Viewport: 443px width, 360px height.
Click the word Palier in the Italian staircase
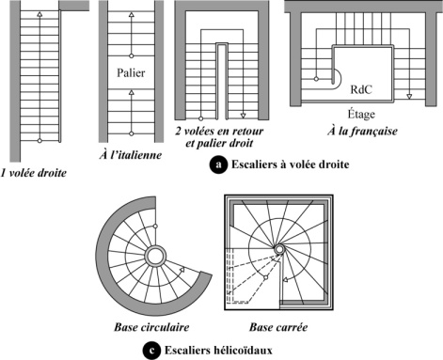(131, 73)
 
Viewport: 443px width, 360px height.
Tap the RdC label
(361, 89)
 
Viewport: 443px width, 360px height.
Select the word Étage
(361, 114)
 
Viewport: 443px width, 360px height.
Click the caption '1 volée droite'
(34, 173)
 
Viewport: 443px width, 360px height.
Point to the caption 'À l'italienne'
(131, 155)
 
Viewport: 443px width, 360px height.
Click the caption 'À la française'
(362, 131)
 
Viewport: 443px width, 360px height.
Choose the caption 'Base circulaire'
(151, 327)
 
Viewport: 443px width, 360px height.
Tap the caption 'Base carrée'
(278, 327)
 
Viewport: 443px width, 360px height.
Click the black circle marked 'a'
(218, 164)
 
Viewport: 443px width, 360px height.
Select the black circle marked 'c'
(151, 351)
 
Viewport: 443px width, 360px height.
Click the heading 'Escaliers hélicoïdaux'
(218, 351)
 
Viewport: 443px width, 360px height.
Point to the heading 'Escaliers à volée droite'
(290, 164)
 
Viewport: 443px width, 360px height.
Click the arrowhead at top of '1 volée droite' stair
(40, 14)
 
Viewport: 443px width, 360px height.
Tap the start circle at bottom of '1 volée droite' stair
(40, 141)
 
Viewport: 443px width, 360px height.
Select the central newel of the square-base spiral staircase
(278, 250)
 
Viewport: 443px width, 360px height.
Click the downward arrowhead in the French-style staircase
(409, 96)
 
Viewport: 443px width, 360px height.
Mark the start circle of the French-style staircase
(316, 79)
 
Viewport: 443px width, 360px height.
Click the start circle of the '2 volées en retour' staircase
(201, 118)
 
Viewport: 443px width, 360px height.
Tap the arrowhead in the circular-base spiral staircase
(182, 270)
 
